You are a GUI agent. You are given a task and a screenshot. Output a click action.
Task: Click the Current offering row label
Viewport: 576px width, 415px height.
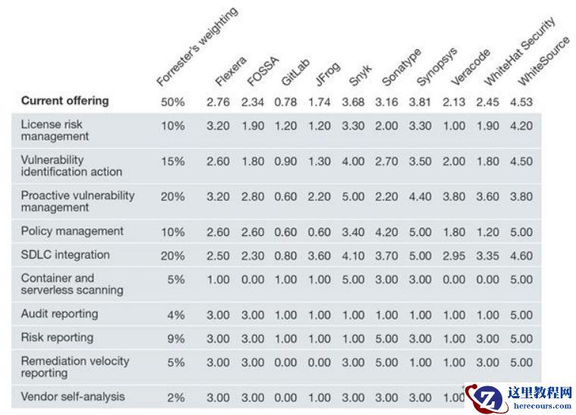[65, 101]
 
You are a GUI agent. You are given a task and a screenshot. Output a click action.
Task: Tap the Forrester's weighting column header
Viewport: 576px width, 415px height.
[197, 47]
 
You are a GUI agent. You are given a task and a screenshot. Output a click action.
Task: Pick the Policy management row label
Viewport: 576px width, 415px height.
[72, 231]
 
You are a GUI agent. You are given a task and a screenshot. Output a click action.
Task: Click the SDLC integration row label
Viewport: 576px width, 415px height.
[65, 255]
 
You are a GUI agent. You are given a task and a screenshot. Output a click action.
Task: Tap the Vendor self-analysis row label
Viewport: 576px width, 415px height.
[73, 397]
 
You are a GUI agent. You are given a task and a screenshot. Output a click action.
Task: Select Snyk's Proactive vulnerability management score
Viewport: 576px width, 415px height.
[354, 196]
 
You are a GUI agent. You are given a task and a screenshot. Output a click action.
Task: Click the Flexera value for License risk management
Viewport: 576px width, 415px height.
[218, 126]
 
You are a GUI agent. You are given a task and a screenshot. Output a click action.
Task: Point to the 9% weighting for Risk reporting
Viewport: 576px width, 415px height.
[175, 338]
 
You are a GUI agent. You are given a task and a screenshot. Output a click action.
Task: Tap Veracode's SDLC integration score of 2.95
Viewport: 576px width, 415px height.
[454, 256]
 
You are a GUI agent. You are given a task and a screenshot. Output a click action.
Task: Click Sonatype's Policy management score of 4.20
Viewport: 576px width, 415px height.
[386, 232]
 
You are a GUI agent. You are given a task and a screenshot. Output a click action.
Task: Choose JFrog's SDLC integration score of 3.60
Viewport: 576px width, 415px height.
[319, 256]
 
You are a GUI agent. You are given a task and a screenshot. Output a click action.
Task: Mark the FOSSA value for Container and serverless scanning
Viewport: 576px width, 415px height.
[253, 279]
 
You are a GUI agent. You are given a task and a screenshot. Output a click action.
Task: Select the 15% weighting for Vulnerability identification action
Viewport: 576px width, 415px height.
[172, 162]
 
